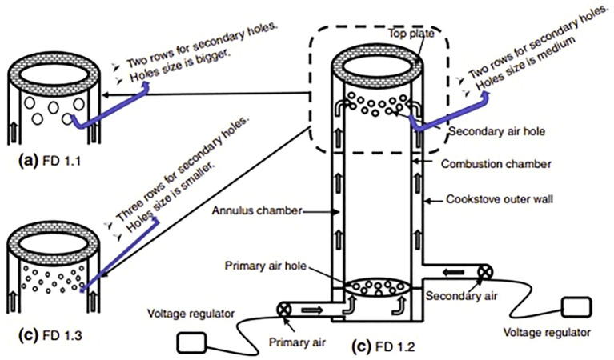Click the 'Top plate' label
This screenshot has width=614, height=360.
(x=411, y=34)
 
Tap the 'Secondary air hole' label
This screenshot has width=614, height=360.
(x=496, y=131)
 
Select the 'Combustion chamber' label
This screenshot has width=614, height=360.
(x=496, y=163)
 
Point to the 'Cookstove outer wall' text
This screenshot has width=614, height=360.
(x=500, y=199)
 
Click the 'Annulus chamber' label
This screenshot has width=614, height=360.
(x=257, y=210)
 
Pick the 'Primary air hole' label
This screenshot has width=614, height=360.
(x=266, y=266)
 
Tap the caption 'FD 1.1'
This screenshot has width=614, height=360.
(x=61, y=161)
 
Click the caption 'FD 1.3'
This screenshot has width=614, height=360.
(x=62, y=335)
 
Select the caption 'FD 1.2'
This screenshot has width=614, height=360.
(x=395, y=346)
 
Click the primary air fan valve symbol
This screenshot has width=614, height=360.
(x=283, y=310)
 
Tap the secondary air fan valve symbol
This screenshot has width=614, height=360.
(x=484, y=271)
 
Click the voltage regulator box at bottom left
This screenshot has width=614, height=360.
(x=192, y=343)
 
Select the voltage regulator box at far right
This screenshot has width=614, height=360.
(x=577, y=307)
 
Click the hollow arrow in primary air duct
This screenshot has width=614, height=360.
(x=312, y=310)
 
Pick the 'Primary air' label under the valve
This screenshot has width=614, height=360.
(x=297, y=342)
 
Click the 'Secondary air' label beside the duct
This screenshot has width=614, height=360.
(x=462, y=296)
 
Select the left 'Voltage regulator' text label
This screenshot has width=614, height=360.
(x=191, y=314)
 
